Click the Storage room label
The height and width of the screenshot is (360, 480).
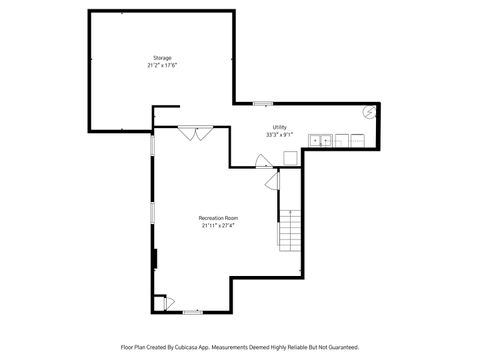tap(163, 58)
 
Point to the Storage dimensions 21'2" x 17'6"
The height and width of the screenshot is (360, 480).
tap(163, 66)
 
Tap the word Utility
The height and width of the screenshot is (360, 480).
tap(280, 126)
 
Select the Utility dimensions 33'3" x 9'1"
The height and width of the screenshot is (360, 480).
tap(280, 134)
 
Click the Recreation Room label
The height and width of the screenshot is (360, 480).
tap(218, 217)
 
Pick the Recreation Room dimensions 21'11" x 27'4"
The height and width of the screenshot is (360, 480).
tap(218, 225)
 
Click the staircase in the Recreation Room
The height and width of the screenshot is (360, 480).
tap(289, 231)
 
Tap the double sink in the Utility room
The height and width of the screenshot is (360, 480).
tap(321, 141)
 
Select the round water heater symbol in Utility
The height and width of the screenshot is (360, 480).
tap(369, 113)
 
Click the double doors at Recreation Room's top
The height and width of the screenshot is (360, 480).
tap(195, 131)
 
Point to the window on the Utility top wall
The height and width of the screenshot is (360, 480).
tap(262, 103)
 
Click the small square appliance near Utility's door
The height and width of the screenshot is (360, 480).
tap(290, 157)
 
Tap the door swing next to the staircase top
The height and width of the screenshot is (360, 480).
tap(272, 180)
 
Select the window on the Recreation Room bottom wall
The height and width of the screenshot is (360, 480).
tap(193, 312)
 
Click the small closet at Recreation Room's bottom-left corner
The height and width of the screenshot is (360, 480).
tap(160, 302)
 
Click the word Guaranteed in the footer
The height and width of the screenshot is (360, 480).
tap(339, 347)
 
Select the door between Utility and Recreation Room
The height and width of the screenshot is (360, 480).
tap(262, 160)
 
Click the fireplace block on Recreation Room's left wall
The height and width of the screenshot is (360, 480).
tap(155, 257)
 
